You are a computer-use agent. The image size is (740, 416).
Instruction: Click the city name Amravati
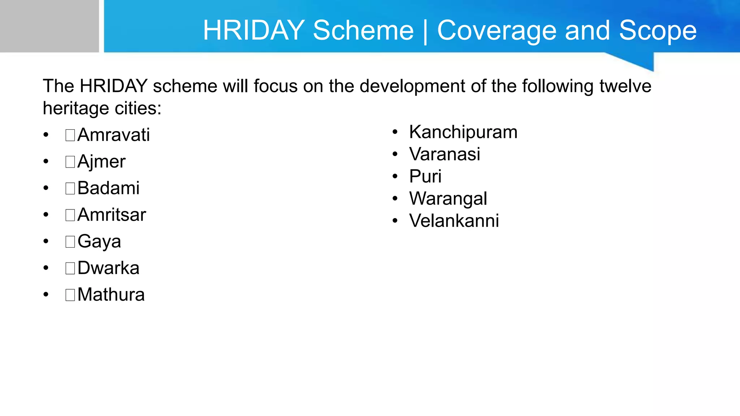pos(113,135)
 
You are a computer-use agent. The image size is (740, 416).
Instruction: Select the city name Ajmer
pos(101,161)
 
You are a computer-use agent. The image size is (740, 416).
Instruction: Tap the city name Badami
pos(108,188)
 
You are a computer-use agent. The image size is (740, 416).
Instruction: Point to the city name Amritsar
pos(111,215)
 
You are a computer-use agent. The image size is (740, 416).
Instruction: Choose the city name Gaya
pos(99,242)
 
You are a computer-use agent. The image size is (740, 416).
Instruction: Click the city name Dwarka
pos(108,268)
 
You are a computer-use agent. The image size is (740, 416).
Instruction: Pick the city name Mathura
pos(111,295)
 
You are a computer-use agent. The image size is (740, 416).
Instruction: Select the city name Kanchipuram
pos(463,132)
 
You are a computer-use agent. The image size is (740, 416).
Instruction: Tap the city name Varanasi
pos(444,154)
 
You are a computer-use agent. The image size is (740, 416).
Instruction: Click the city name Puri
pos(425,177)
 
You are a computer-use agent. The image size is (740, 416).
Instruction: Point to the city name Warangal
pos(448,199)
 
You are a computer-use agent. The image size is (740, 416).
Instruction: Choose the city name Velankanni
pos(454,221)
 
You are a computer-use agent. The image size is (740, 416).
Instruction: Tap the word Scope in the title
pos(658,30)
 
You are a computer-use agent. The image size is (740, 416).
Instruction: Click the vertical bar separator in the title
pos(425,31)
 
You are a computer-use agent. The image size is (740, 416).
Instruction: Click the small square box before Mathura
pos(70,295)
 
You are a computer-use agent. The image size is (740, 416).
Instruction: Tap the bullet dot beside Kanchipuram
pos(395,132)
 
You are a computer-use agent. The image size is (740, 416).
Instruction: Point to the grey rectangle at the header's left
pos(49,26)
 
